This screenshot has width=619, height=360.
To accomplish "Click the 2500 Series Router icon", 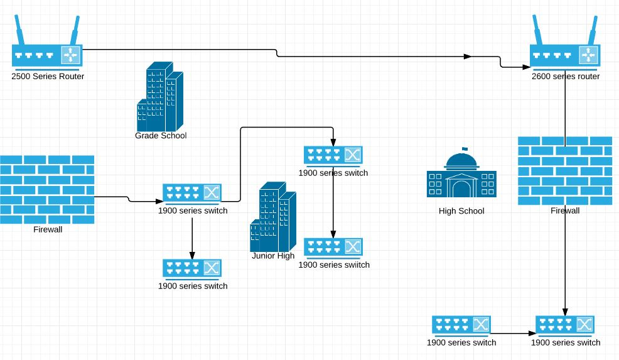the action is coord(47,43).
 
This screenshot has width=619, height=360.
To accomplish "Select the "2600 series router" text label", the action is coord(565,76).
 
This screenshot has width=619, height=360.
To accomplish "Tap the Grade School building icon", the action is coord(160,97).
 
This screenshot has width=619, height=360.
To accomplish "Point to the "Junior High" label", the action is coord(273,256).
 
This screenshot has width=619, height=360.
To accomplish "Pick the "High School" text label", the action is coord(461,211).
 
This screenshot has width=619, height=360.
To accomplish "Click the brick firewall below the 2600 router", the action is coord(565,171).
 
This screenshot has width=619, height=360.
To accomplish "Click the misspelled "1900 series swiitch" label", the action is coord(334,265).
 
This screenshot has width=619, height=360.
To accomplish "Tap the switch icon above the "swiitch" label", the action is coord(333,248).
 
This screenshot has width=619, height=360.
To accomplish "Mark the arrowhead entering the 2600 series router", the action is coord(526,67).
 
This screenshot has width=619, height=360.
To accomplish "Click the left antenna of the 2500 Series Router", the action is coord(19,30).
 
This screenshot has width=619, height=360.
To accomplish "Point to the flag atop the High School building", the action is coord(465,149).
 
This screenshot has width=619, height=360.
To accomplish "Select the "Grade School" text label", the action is coord(161,136).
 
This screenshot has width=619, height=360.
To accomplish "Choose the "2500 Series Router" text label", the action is coord(48,76).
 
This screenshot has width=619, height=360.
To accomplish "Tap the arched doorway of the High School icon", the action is coord(461,189).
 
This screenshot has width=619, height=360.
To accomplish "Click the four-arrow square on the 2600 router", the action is coord(589,55).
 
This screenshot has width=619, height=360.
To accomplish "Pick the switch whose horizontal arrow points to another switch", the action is coord(461,325).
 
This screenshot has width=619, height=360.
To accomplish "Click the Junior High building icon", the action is coord(273,217).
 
